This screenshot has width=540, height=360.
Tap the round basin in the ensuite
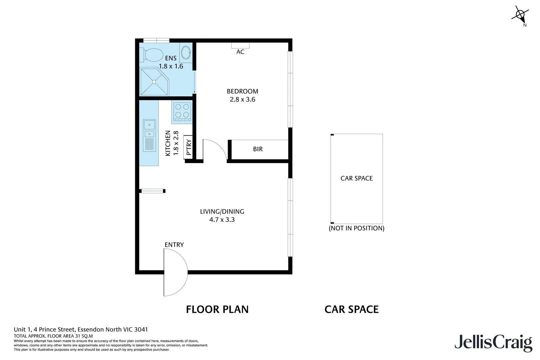coord(186,53)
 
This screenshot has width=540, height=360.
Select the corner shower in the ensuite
coord(154,82)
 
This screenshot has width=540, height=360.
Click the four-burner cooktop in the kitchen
coord(182,111)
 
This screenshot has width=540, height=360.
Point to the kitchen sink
coord(149,129)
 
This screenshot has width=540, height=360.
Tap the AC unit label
coord(240,52)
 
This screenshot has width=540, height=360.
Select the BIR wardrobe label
coord(258,149)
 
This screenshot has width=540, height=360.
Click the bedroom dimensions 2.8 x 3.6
coord(242,99)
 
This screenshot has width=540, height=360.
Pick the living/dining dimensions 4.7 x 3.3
coord(222,220)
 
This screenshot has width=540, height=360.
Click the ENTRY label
coord(174,245)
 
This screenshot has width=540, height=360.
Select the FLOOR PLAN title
coord(217,310)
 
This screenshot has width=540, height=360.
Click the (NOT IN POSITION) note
coord(356,228)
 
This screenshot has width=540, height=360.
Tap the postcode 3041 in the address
coord(141,330)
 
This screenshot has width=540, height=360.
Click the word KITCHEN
coord(168,143)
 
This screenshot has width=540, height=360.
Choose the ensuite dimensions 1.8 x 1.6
coord(171,66)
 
